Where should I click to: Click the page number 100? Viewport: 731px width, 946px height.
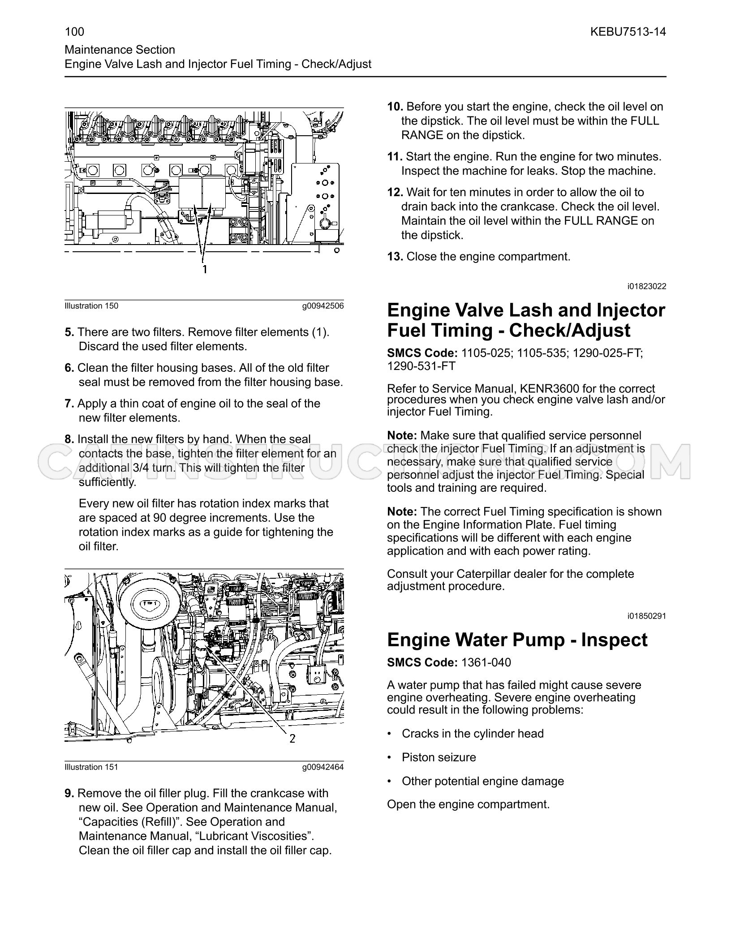coord(74,31)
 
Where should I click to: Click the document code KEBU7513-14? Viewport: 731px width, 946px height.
coord(628,31)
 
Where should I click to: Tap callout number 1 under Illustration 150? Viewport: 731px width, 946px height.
coord(205,269)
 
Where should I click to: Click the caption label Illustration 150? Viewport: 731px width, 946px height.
coord(91,306)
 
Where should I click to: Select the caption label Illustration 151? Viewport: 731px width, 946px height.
coord(91,767)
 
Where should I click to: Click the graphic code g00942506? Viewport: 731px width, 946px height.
coord(323,306)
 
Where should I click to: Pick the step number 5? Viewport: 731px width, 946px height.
coord(69,332)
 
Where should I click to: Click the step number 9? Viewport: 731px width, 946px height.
coord(69,794)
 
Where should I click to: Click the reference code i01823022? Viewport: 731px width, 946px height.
coord(647,287)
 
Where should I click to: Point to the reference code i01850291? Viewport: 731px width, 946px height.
coord(647,616)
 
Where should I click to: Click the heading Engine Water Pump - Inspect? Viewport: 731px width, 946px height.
coord(517,640)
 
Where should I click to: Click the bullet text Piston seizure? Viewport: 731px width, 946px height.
coord(439,757)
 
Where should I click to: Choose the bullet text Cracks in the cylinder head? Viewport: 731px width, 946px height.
coord(473,734)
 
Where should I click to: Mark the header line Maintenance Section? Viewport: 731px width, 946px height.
coord(120,50)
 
